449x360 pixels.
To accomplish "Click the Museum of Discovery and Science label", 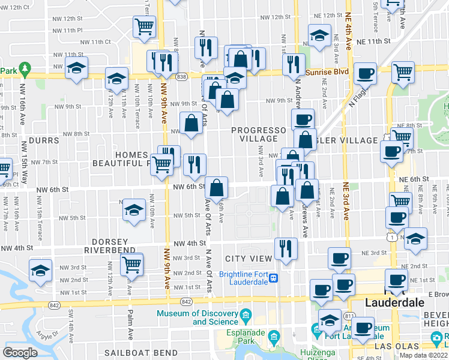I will coord(198,317).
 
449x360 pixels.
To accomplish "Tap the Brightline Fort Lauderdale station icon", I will coord(274,278).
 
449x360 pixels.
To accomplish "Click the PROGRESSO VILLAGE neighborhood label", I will coord(259,134).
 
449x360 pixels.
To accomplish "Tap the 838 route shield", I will coord(181,77).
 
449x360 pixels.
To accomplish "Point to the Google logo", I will coord(20,353).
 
